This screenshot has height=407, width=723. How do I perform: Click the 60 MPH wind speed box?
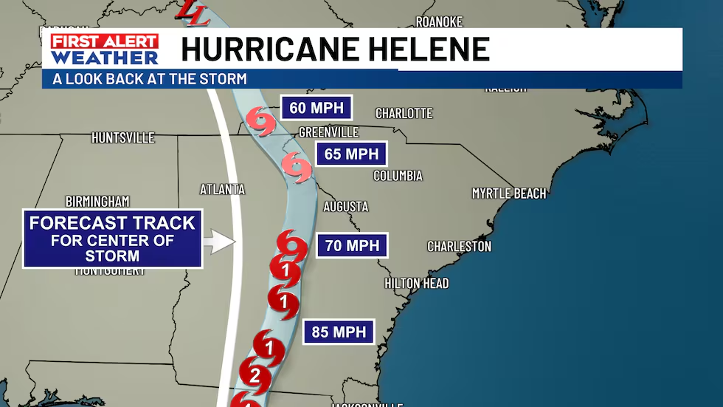tap(316, 108)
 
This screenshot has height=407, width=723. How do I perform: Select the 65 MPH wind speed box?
tap(351, 154)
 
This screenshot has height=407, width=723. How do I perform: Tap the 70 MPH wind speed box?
tap(352, 245)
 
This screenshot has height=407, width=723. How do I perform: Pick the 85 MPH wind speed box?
tap(339, 332)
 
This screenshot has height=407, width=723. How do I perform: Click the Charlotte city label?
tap(404, 114)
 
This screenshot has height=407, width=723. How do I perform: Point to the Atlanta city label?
tap(222, 190)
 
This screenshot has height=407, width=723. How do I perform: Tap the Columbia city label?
tap(398, 176)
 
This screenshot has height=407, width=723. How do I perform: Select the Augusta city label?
tap(345, 207)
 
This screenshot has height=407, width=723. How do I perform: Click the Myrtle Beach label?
tap(509, 194)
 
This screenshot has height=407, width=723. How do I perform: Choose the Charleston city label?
tap(459, 247)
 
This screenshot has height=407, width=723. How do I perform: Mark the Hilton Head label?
tap(416, 284)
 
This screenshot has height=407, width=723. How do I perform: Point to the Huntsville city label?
tap(123, 138)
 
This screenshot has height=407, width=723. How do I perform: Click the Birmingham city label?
tap(97, 202)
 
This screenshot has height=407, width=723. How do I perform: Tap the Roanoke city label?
tap(439, 21)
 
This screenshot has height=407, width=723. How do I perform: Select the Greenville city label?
tap(328, 132)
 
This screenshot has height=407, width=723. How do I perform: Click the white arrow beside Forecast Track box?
tap(218, 242)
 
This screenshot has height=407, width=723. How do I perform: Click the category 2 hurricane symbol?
tap(255, 375)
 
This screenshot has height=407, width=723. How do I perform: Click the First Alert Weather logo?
tap(105, 49)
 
